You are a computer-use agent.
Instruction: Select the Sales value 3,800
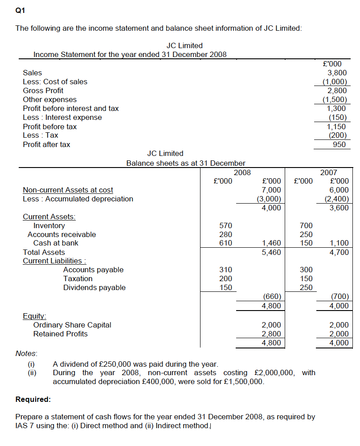(337, 73)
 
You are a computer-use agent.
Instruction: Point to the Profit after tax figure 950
(339, 144)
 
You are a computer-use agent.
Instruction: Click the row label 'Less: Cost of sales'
(55, 82)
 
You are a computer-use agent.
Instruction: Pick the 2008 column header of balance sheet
(242, 172)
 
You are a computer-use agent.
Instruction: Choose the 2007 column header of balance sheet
(329, 172)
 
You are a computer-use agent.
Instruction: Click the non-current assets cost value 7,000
(271, 190)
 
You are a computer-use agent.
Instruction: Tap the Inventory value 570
(226, 225)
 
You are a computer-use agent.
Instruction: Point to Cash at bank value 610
(226, 243)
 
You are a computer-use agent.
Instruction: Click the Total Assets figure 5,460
(271, 252)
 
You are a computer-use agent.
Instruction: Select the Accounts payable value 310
(226, 270)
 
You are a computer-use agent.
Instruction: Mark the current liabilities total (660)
(271, 297)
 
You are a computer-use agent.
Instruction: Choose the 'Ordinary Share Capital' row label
(72, 325)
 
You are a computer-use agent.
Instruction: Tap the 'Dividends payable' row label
(94, 288)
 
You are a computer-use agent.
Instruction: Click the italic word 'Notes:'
(26, 353)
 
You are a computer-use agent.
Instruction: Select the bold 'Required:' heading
(33, 399)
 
